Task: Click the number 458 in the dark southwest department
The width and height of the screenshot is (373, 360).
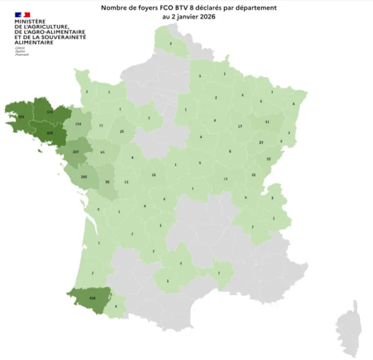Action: [x=92, y=298]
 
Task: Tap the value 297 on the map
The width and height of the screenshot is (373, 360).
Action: [x=76, y=152]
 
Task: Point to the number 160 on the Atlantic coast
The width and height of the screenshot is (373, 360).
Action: [x=84, y=177]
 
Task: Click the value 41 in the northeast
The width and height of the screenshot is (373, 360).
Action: [x=267, y=121]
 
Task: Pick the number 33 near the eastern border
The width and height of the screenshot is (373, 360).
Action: [x=268, y=159]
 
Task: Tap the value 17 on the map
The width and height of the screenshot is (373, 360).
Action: [x=240, y=126]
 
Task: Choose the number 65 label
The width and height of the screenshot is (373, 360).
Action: [x=102, y=152]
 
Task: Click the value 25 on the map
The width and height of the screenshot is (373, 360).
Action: [x=122, y=131]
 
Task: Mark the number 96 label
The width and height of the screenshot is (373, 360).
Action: [x=107, y=182]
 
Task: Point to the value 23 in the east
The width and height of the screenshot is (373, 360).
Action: [x=261, y=142]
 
